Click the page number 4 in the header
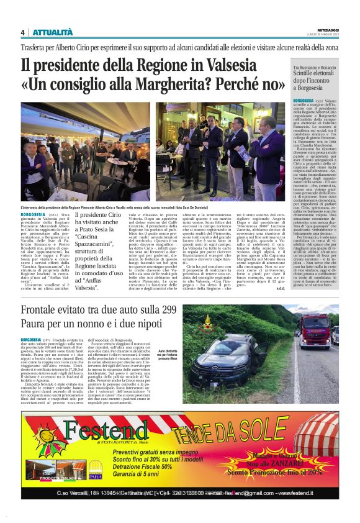pyautogui.click(x=22, y=33)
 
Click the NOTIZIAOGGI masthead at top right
pyautogui.click(x=325, y=29)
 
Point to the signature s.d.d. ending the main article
pyautogui.click(x=281, y=289)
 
